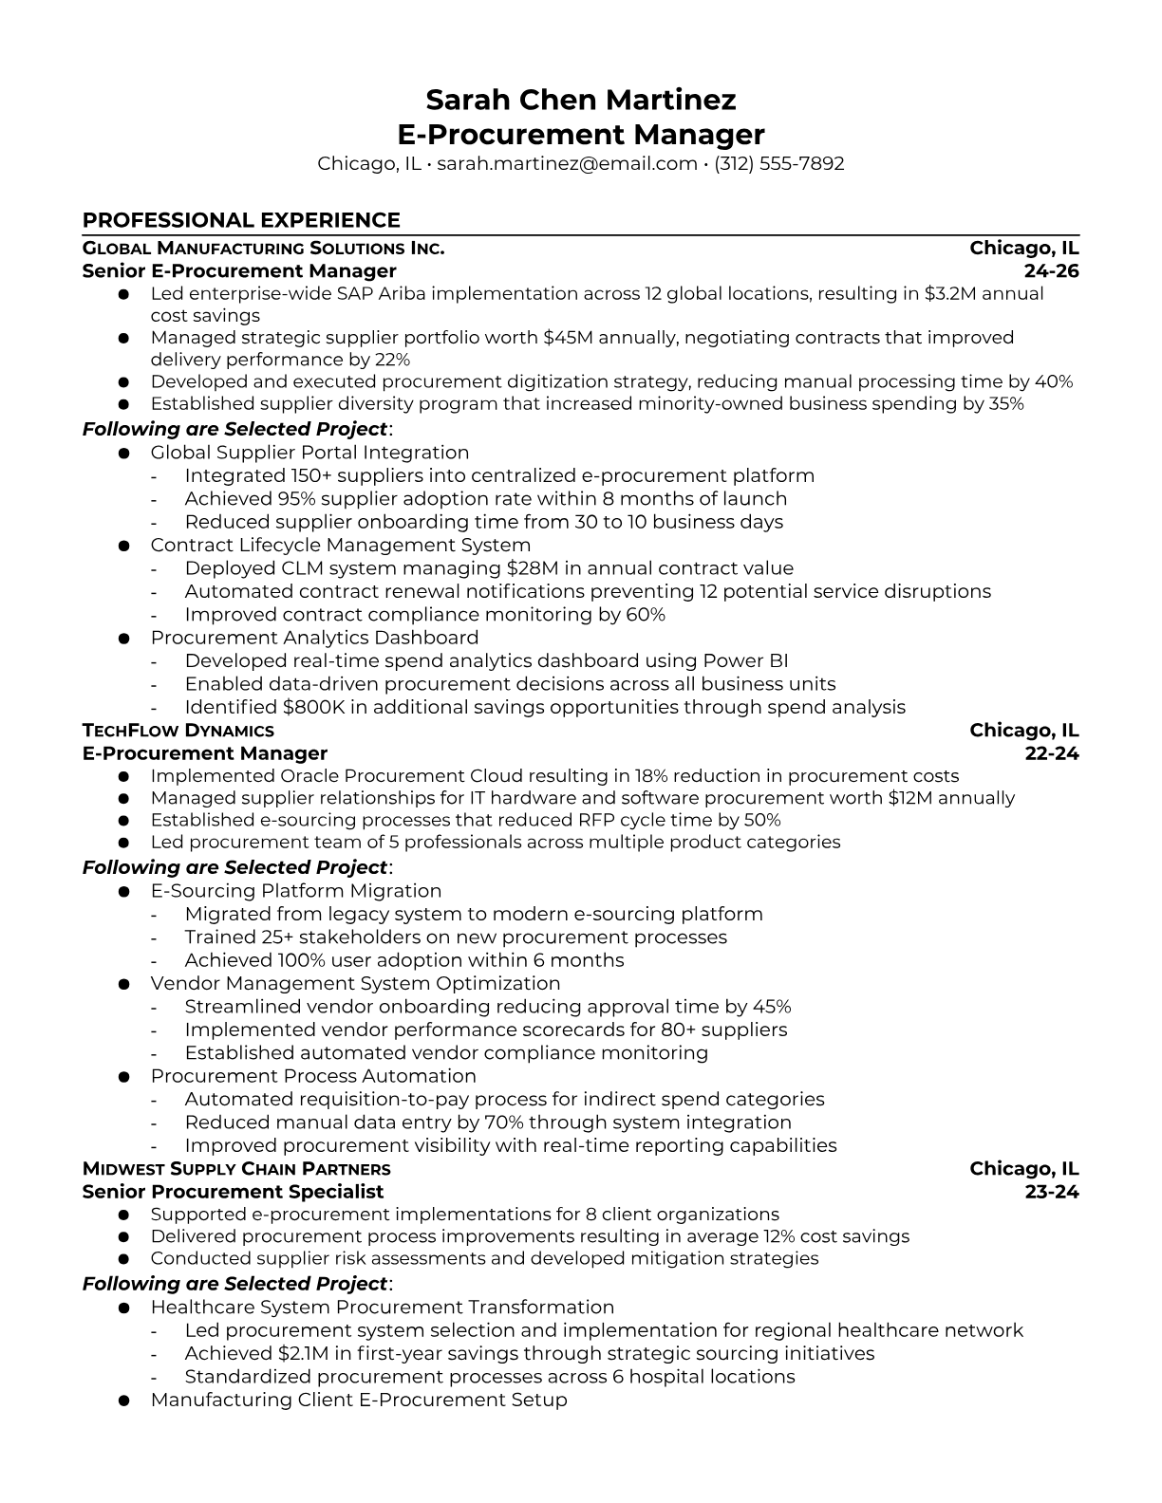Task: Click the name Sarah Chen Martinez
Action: point(580,100)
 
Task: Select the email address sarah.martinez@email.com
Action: point(567,163)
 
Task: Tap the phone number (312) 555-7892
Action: point(778,163)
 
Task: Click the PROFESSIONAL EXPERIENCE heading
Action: point(241,220)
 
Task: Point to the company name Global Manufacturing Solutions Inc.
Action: point(263,249)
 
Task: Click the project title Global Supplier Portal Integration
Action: point(309,453)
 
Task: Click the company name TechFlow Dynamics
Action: point(178,731)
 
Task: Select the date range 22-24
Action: point(1052,753)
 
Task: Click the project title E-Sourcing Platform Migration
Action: point(296,891)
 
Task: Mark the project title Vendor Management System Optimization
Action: point(355,983)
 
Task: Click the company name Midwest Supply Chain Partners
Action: point(236,1169)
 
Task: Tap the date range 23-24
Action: point(1052,1192)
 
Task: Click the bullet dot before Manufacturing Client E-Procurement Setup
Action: point(123,1401)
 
